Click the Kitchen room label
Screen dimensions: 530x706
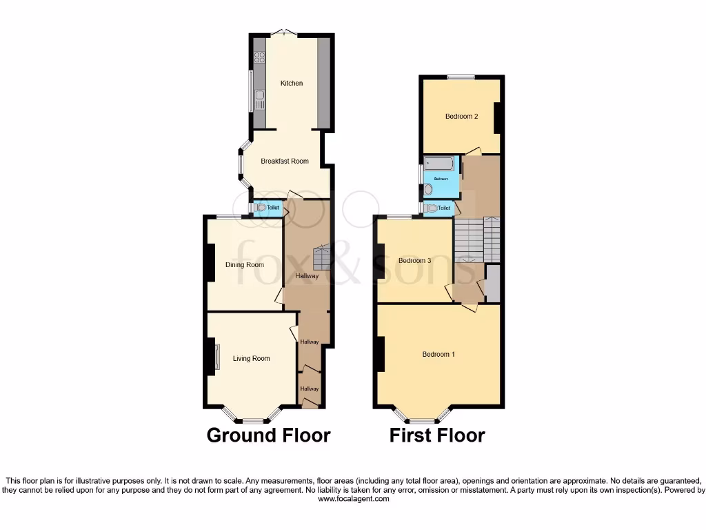tap(291, 84)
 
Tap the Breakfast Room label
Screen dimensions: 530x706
tap(285, 161)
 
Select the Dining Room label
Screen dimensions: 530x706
tap(245, 264)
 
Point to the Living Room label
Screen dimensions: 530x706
tap(251, 358)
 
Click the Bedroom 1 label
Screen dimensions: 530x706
tap(438, 355)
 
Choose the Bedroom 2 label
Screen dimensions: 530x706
tap(461, 117)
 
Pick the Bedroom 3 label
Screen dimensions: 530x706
tap(415, 260)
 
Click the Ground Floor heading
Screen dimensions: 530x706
tap(268, 435)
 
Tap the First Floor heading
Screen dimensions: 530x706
tap(437, 435)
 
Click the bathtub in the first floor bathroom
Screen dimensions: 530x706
tap(439, 164)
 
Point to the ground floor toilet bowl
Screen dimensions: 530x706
tap(260, 207)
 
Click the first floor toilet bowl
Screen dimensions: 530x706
tap(432, 208)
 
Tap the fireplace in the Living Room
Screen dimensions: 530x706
tap(216, 357)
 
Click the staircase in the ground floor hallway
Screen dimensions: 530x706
tap(322, 259)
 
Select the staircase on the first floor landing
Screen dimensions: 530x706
tap(476, 238)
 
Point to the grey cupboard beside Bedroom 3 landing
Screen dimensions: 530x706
tap(492, 282)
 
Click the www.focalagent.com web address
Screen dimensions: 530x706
tap(353, 498)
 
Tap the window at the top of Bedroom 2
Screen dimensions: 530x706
tap(461, 77)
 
